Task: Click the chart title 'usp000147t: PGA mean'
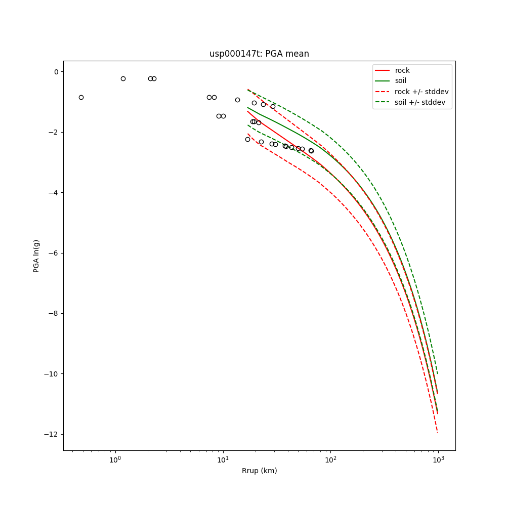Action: pos(259,54)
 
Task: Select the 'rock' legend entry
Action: pos(402,70)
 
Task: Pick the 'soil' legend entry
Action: pos(400,81)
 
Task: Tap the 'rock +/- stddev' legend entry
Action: pos(421,92)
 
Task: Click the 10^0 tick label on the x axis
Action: pos(115,459)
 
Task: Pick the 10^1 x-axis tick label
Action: pos(223,459)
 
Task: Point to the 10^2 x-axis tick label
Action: pos(330,459)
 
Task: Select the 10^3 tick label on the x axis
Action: pos(438,459)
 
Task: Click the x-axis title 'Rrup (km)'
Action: pos(259,471)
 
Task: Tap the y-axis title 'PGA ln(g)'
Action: pos(36,256)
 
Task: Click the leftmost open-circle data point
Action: pos(81,97)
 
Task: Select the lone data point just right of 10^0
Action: pos(123,78)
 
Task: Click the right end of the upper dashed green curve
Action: pos(438,374)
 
